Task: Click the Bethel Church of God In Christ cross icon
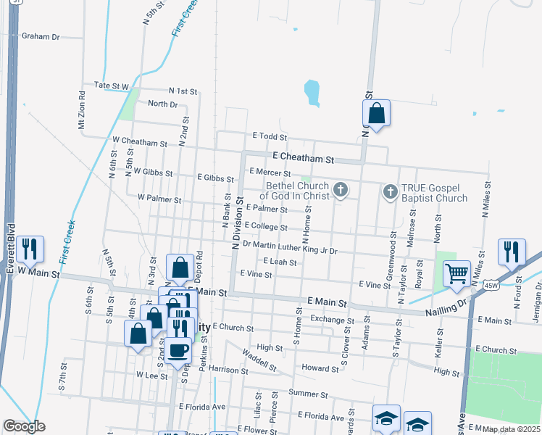(341, 191)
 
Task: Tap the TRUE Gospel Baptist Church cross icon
(390, 191)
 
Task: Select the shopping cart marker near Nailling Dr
(456, 274)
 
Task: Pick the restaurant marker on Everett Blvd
(30, 249)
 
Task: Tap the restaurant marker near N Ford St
(512, 251)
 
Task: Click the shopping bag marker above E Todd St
(376, 113)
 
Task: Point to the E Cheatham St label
(303, 158)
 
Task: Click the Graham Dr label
(41, 36)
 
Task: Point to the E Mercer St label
(270, 173)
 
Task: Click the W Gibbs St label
(153, 173)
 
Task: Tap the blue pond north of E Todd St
(312, 92)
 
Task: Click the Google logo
(24, 426)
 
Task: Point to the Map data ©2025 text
(512, 429)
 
